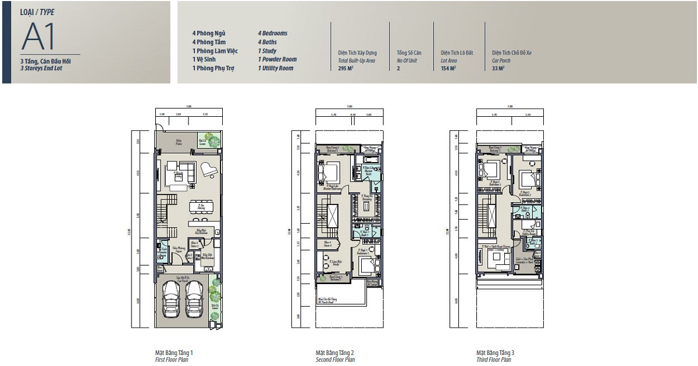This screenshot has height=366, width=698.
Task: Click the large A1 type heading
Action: [38, 37]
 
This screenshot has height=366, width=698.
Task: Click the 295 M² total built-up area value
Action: [346, 68]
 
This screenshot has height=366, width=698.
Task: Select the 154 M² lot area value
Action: [448, 68]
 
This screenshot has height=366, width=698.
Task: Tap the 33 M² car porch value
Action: [498, 68]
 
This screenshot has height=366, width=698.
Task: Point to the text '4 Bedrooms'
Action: [273, 34]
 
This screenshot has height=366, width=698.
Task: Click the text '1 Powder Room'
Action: [277, 59]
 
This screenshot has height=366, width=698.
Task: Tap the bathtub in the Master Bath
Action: [371, 159]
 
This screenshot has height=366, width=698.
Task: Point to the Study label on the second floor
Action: [335, 263]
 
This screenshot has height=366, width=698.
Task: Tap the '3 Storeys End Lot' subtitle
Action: [41, 68]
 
